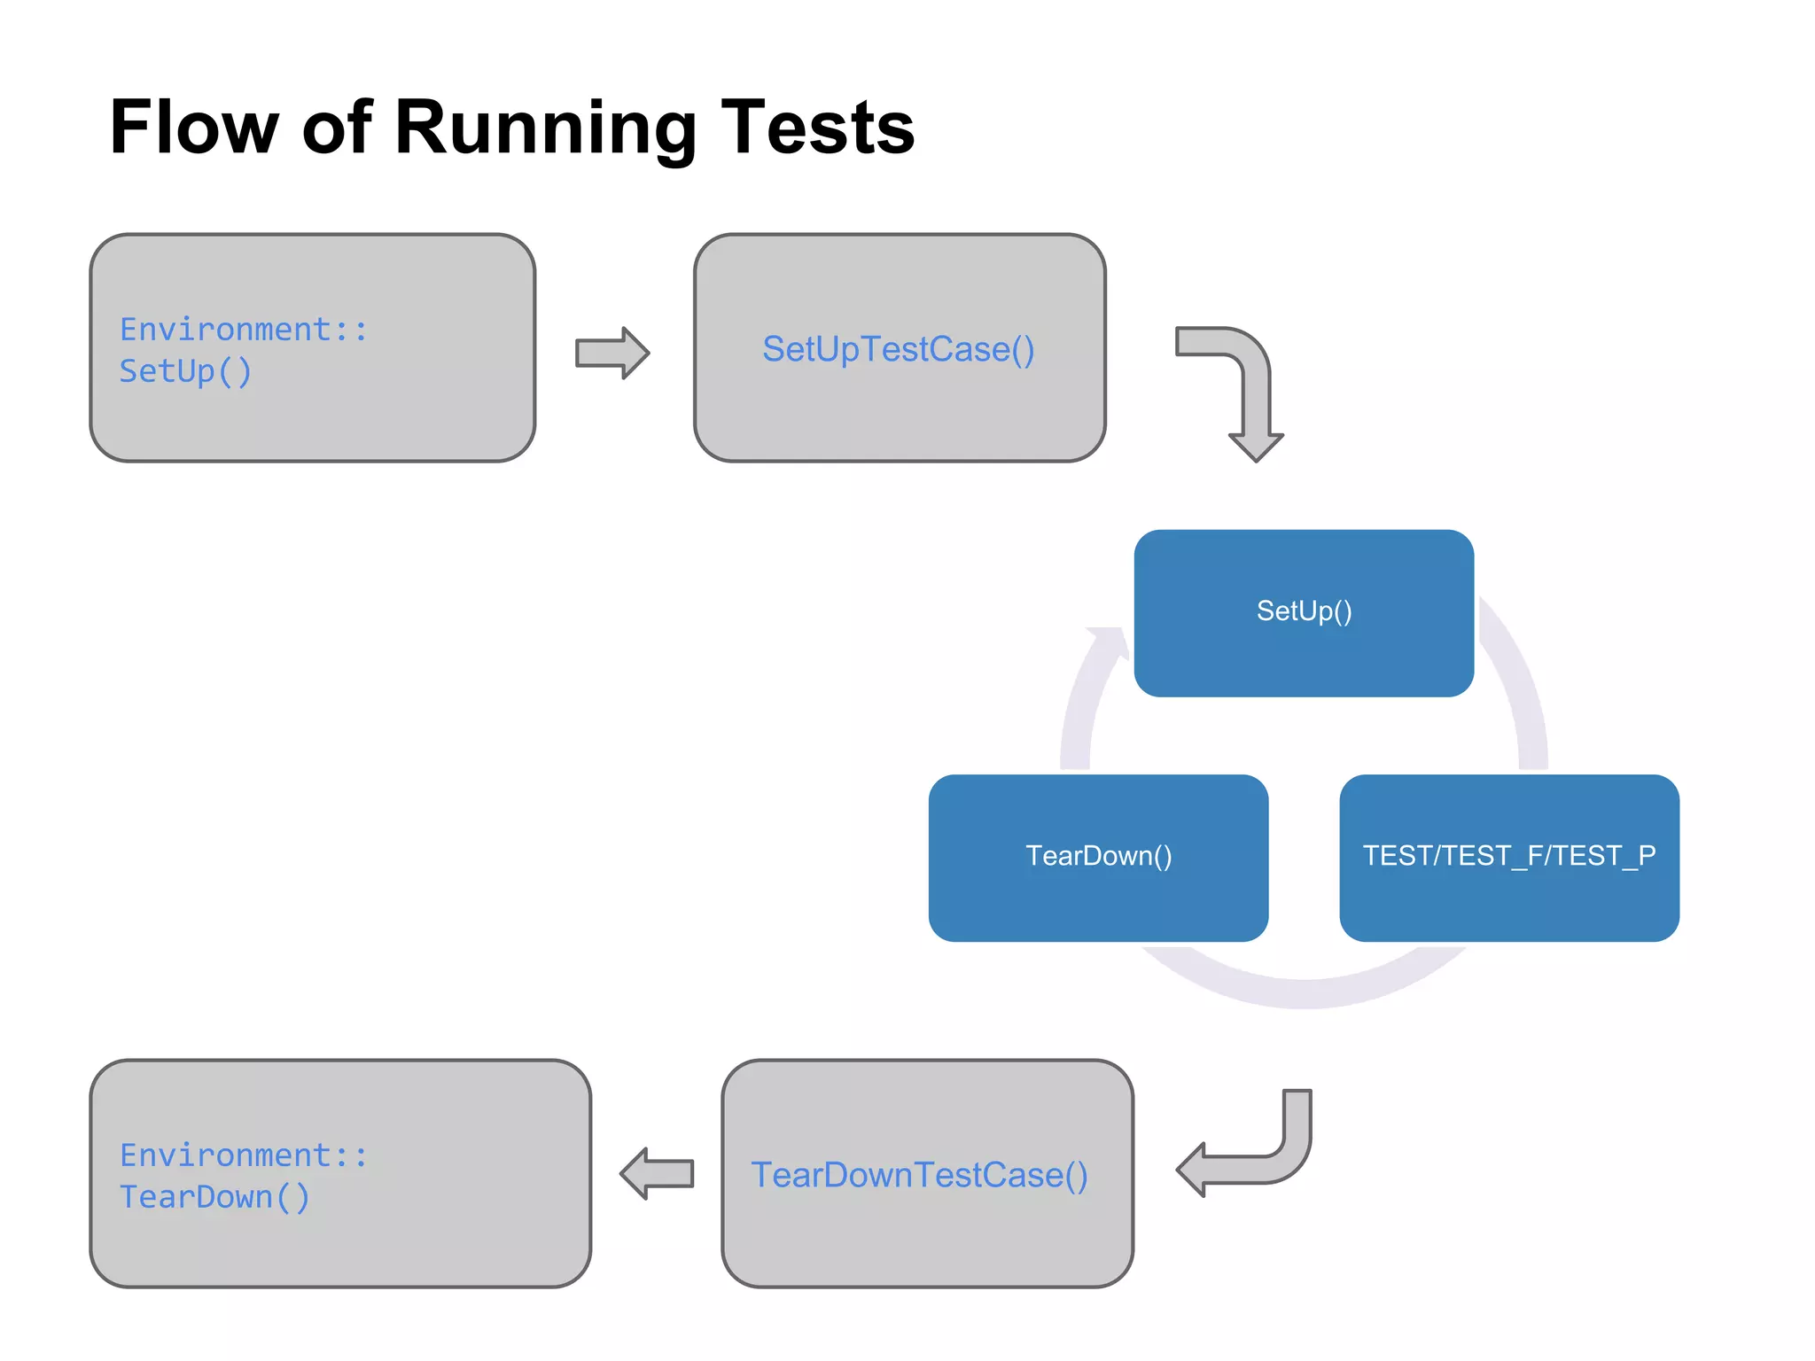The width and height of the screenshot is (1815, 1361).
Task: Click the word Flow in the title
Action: point(193,128)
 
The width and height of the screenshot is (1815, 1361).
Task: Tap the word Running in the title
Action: point(545,129)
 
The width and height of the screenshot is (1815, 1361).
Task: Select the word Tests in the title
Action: point(817,128)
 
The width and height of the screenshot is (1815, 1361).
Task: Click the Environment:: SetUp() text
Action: point(243,350)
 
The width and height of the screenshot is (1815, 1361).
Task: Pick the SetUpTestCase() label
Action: point(898,349)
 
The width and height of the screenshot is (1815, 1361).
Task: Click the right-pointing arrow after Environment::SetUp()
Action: point(612,353)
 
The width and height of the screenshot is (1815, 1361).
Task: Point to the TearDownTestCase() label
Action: point(919,1175)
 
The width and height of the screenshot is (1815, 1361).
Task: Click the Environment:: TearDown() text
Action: point(243,1176)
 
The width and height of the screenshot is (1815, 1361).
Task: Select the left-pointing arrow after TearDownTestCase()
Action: point(657,1173)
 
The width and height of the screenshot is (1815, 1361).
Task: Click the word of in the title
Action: point(337,128)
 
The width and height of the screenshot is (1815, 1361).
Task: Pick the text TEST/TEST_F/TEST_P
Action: point(1508,855)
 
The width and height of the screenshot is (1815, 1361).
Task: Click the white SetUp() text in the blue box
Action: point(1303,611)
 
